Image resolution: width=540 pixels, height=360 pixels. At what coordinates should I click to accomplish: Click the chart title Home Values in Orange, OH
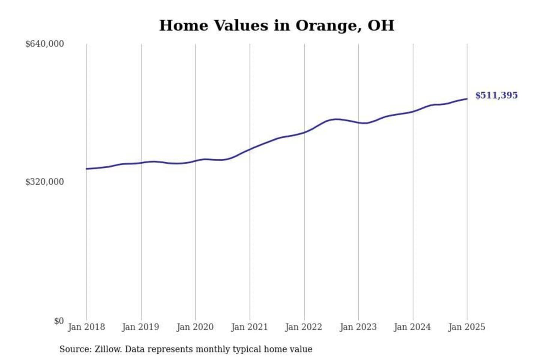coord(277,25)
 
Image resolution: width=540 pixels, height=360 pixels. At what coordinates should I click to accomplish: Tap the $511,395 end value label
coord(496,95)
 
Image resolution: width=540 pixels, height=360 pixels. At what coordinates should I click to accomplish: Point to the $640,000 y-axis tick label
coord(45,44)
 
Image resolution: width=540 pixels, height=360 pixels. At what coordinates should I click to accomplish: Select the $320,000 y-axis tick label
coord(45,182)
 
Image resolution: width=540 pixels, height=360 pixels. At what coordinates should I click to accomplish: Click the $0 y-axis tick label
coord(59,321)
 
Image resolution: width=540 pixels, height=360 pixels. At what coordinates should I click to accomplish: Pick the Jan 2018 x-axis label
coord(86,327)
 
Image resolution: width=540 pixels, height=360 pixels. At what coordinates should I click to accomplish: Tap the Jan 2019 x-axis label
coord(141,327)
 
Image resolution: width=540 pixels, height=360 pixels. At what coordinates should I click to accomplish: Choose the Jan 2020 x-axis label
coord(195,327)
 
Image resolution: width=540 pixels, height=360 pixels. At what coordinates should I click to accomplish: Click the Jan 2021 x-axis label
coord(249,327)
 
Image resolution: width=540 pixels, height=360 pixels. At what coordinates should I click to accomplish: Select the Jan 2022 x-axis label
coord(304,327)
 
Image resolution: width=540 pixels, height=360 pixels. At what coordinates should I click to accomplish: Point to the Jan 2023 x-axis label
coord(358,327)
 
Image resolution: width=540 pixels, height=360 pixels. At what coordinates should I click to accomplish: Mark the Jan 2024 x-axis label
coord(412,327)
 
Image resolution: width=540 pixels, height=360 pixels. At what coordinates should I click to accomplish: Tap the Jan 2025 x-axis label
coord(467,327)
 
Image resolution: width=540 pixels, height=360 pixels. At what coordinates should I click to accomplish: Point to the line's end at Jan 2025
coord(467,99)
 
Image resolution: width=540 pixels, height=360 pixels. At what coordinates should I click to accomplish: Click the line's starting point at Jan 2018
coord(87,169)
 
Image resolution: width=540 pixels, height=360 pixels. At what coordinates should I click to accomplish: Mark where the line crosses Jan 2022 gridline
coord(304,132)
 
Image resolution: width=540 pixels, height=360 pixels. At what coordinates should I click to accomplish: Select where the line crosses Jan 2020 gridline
coord(195,161)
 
